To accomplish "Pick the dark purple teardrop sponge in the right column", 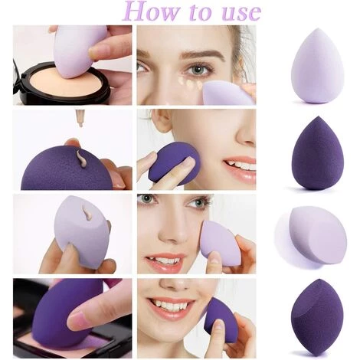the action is point(318,153).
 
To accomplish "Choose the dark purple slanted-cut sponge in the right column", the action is point(317,317).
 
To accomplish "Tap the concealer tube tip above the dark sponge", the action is point(80,119).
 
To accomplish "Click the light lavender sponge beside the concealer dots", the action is point(227,93).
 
